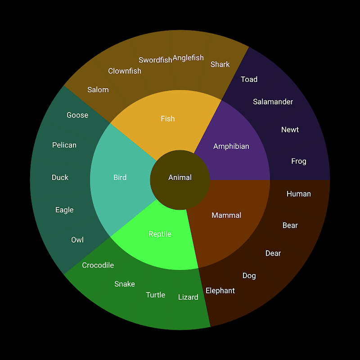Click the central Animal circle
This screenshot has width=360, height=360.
pyautogui.click(x=180, y=178)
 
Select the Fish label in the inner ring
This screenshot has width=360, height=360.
pyautogui.click(x=167, y=119)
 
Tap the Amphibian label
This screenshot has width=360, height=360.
pyautogui.click(x=231, y=146)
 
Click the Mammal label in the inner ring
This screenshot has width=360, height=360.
pyautogui.click(x=226, y=216)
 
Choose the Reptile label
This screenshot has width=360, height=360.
pyautogui.click(x=160, y=234)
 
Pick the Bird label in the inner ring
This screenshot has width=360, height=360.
pyautogui.click(x=120, y=177)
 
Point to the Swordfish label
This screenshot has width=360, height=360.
pyautogui.click(x=155, y=60)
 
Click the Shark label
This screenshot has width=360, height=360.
pyautogui.click(x=220, y=64)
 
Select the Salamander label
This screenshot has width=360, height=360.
pyautogui.click(x=273, y=102)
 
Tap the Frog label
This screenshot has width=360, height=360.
pyautogui.click(x=298, y=161)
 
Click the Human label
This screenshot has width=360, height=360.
pyautogui.click(x=298, y=194)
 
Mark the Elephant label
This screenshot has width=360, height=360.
pyautogui.click(x=220, y=291)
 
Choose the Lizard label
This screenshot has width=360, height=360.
pyautogui.click(x=188, y=297)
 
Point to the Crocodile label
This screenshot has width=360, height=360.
pyautogui.click(x=98, y=265)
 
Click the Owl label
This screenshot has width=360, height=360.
pyautogui.click(x=77, y=240)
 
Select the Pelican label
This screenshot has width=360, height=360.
pyautogui.click(x=64, y=145)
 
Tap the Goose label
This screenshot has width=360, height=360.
pyautogui.click(x=77, y=115)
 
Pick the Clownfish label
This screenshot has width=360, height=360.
pyautogui.click(x=125, y=71)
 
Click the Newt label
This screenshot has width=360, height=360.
pyautogui.click(x=290, y=130)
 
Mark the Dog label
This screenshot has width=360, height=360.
pyautogui.click(x=249, y=276)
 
